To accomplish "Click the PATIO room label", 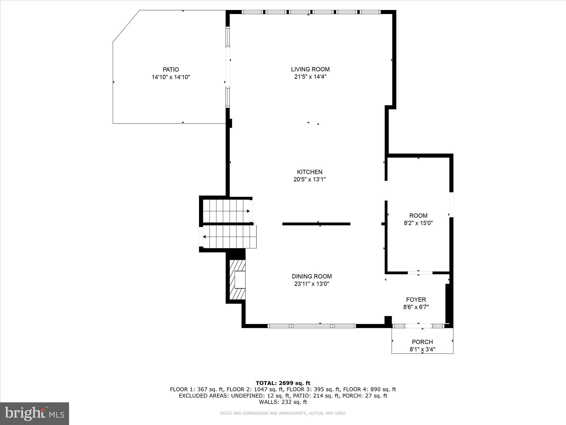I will [x=171, y=69].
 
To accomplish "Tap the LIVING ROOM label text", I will [x=310, y=69].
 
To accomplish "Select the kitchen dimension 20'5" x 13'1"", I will [x=310, y=179].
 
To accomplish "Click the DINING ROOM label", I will [x=312, y=276].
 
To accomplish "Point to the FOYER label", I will [x=416, y=299].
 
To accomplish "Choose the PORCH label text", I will [x=422, y=342].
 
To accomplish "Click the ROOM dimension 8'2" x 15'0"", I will [x=418, y=223].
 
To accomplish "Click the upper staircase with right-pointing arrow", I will [x=226, y=211].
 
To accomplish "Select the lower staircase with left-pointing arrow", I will [x=229, y=237].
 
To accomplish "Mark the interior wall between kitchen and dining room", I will [x=316, y=224].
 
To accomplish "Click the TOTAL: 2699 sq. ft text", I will [x=283, y=383].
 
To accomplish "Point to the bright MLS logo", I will [x=35, y=413].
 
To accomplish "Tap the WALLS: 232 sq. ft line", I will [x=283, y=402].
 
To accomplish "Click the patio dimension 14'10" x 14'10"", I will [x=171, y=77].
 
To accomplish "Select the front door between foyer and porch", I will [x=418, y=326].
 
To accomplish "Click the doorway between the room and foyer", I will [x=420, y=273].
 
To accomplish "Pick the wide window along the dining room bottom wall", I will [x=311, y=326].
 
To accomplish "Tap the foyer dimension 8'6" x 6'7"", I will [x=416, y=307].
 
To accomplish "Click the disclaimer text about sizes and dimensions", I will [x=283, y=413].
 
